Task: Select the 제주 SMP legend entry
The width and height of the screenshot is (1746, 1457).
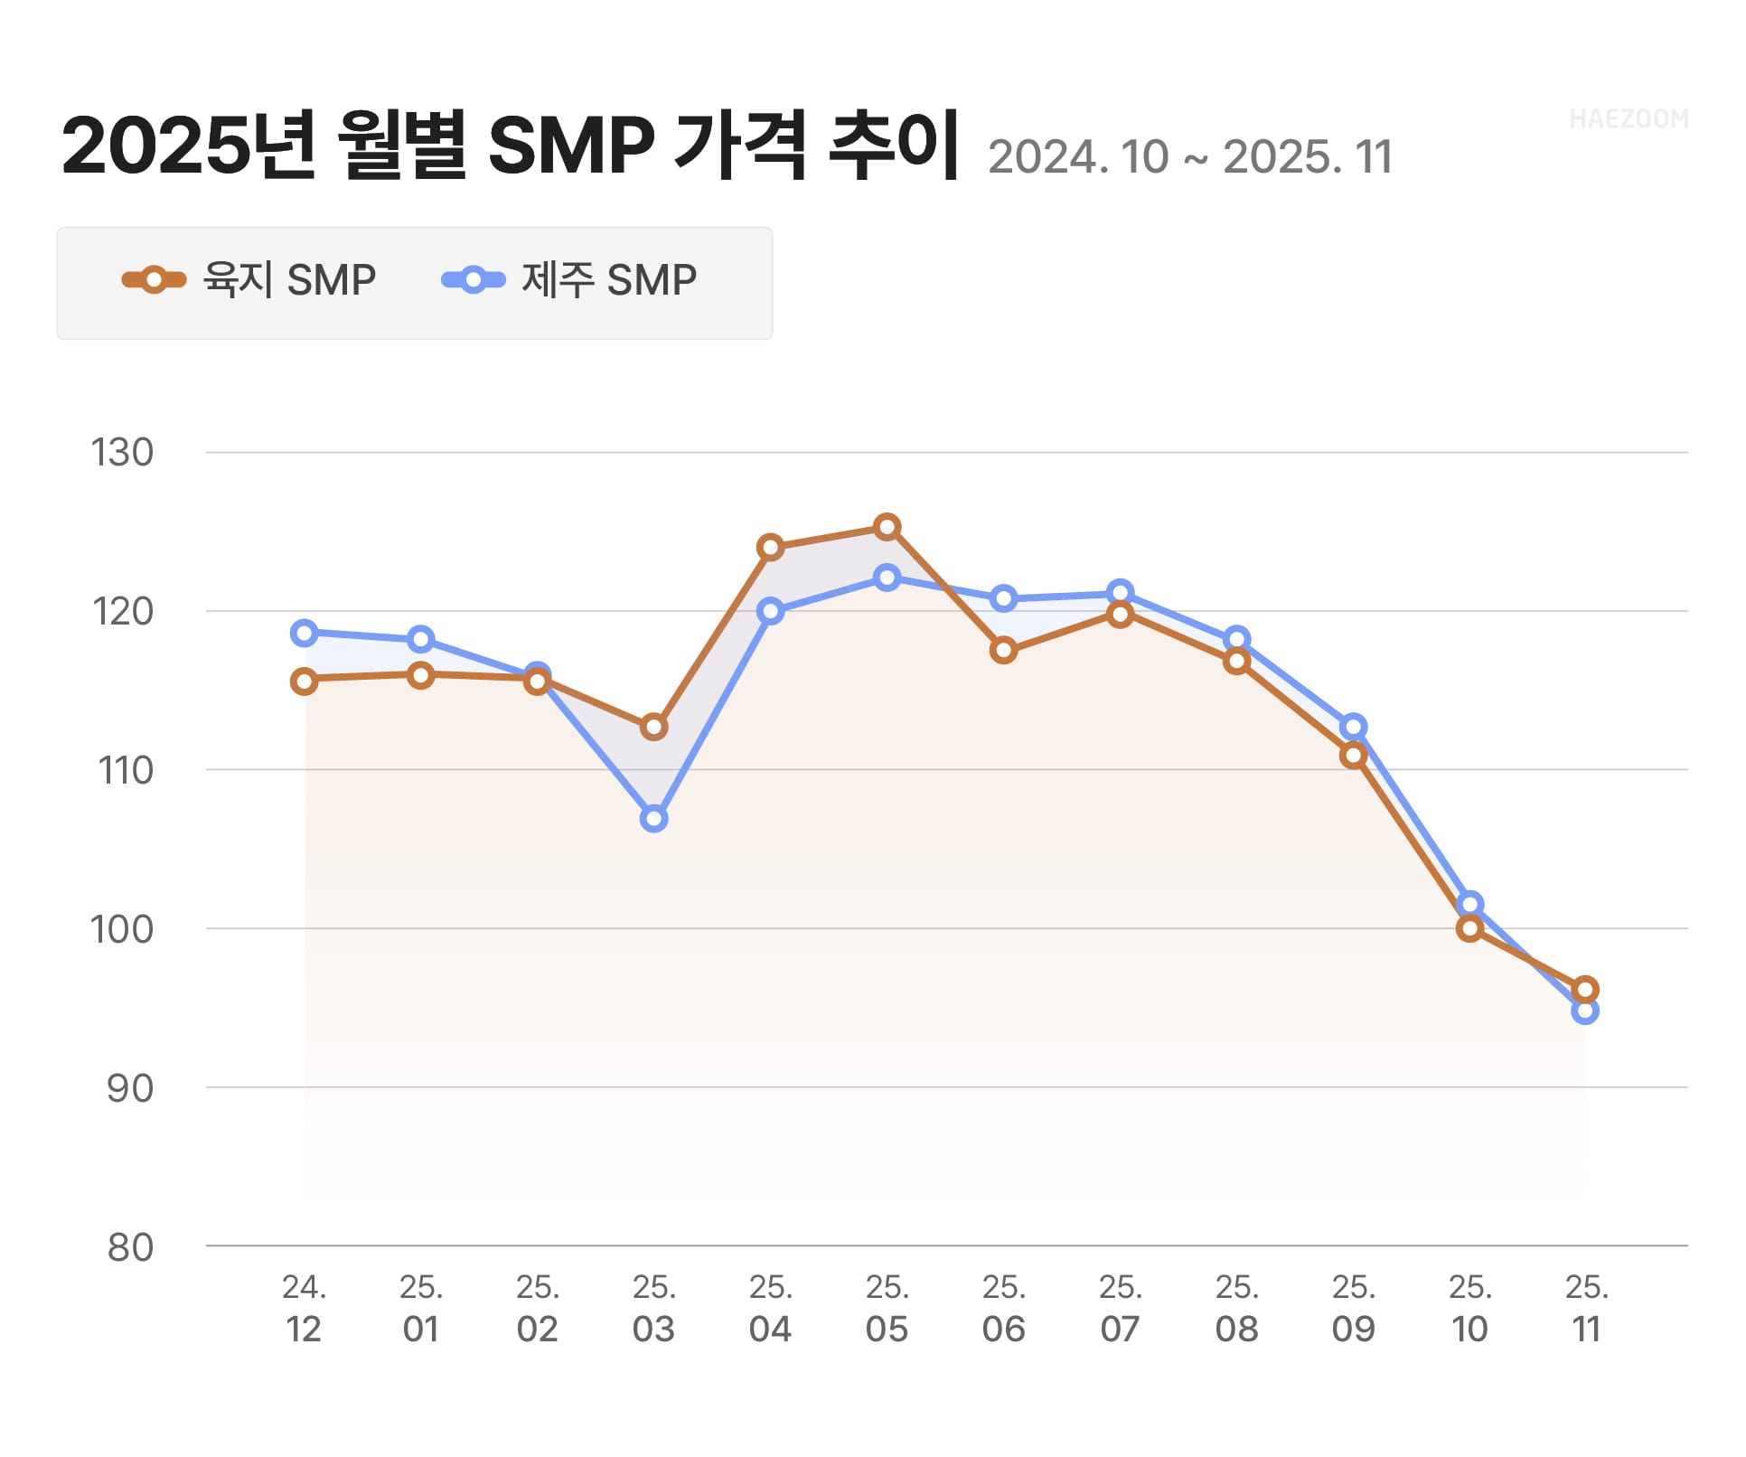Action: (x=569, y=280)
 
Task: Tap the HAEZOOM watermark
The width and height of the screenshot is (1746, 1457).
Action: (x=1629, y=119)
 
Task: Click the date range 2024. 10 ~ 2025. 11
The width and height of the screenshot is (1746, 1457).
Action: (x=1189, y=157)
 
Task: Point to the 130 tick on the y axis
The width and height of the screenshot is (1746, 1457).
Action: (x=122, y=453)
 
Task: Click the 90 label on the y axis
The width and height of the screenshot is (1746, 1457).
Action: (x=130, y=1088)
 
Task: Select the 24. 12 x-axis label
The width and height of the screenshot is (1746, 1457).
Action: (x=304, y=1308)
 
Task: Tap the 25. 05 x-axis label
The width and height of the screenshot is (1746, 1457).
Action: (x=887, y=1308)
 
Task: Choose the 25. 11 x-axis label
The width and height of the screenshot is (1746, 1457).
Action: (x=1586, y=1308)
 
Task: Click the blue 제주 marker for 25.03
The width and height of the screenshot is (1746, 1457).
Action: (x=654, y=819)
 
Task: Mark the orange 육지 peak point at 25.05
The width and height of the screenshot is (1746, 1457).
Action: (x=887, y=527)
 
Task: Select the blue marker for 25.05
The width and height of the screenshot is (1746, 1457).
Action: (x=887, y=578)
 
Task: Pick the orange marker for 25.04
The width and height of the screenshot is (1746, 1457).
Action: (x=770, y=548)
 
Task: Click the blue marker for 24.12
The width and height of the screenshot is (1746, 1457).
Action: (x=305, y=633)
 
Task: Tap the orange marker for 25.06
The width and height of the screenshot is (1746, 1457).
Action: (x=1003, y=651)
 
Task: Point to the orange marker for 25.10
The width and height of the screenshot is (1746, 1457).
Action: (x=1470, y=928)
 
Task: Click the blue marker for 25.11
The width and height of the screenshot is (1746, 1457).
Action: (x=1585, y=1010)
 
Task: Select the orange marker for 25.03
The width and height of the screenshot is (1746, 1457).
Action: (x=654, y=727)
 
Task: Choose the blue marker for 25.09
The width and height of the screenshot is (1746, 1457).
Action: (x=1353, y=727)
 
